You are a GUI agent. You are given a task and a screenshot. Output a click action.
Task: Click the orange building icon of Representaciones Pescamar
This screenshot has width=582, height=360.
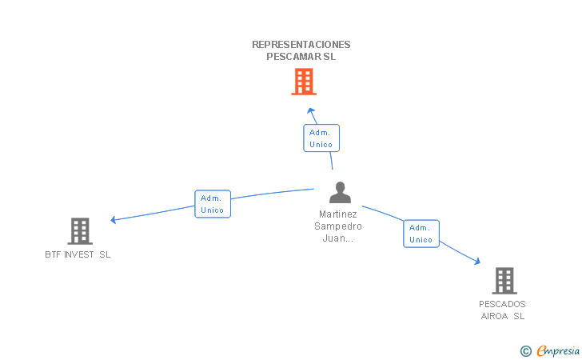(303, 82)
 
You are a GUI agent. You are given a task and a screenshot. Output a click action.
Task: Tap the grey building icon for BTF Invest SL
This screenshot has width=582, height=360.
(79, 231)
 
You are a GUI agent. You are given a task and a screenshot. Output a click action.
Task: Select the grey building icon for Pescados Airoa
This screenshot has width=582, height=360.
(504, 281)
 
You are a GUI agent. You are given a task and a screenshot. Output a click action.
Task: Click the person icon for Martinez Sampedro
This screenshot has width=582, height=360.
(340, 193)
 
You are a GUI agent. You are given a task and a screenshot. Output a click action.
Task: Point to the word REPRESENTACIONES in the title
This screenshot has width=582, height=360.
(301, 45)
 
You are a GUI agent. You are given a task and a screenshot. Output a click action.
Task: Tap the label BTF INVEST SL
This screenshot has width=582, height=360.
(78, 254)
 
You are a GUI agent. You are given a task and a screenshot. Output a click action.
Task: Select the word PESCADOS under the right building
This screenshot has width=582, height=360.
(502, 304)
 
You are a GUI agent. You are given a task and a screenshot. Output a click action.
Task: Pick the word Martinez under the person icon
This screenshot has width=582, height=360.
(338, 214)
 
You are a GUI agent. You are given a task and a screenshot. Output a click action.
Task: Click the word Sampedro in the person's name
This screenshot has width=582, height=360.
(338, 226)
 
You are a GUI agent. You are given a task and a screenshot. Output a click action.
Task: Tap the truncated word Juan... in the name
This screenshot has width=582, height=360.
(338, 238)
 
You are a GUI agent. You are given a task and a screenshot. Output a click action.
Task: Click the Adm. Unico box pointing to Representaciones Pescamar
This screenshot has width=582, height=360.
(321, 138)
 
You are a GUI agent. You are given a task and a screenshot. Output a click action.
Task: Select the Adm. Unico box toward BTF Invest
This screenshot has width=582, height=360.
(213, 204)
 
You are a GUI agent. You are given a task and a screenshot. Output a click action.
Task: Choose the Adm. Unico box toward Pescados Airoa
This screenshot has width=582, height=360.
(421, 234)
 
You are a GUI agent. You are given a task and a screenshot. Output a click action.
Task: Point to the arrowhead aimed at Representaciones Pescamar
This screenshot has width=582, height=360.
(311, 111)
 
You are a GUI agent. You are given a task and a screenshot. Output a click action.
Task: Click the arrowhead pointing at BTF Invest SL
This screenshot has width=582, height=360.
(114, 219)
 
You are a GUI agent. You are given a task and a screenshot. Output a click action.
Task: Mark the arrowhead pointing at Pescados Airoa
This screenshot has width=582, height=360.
(476, 261)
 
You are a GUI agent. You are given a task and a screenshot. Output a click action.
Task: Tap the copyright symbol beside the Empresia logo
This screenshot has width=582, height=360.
(526, 350)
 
